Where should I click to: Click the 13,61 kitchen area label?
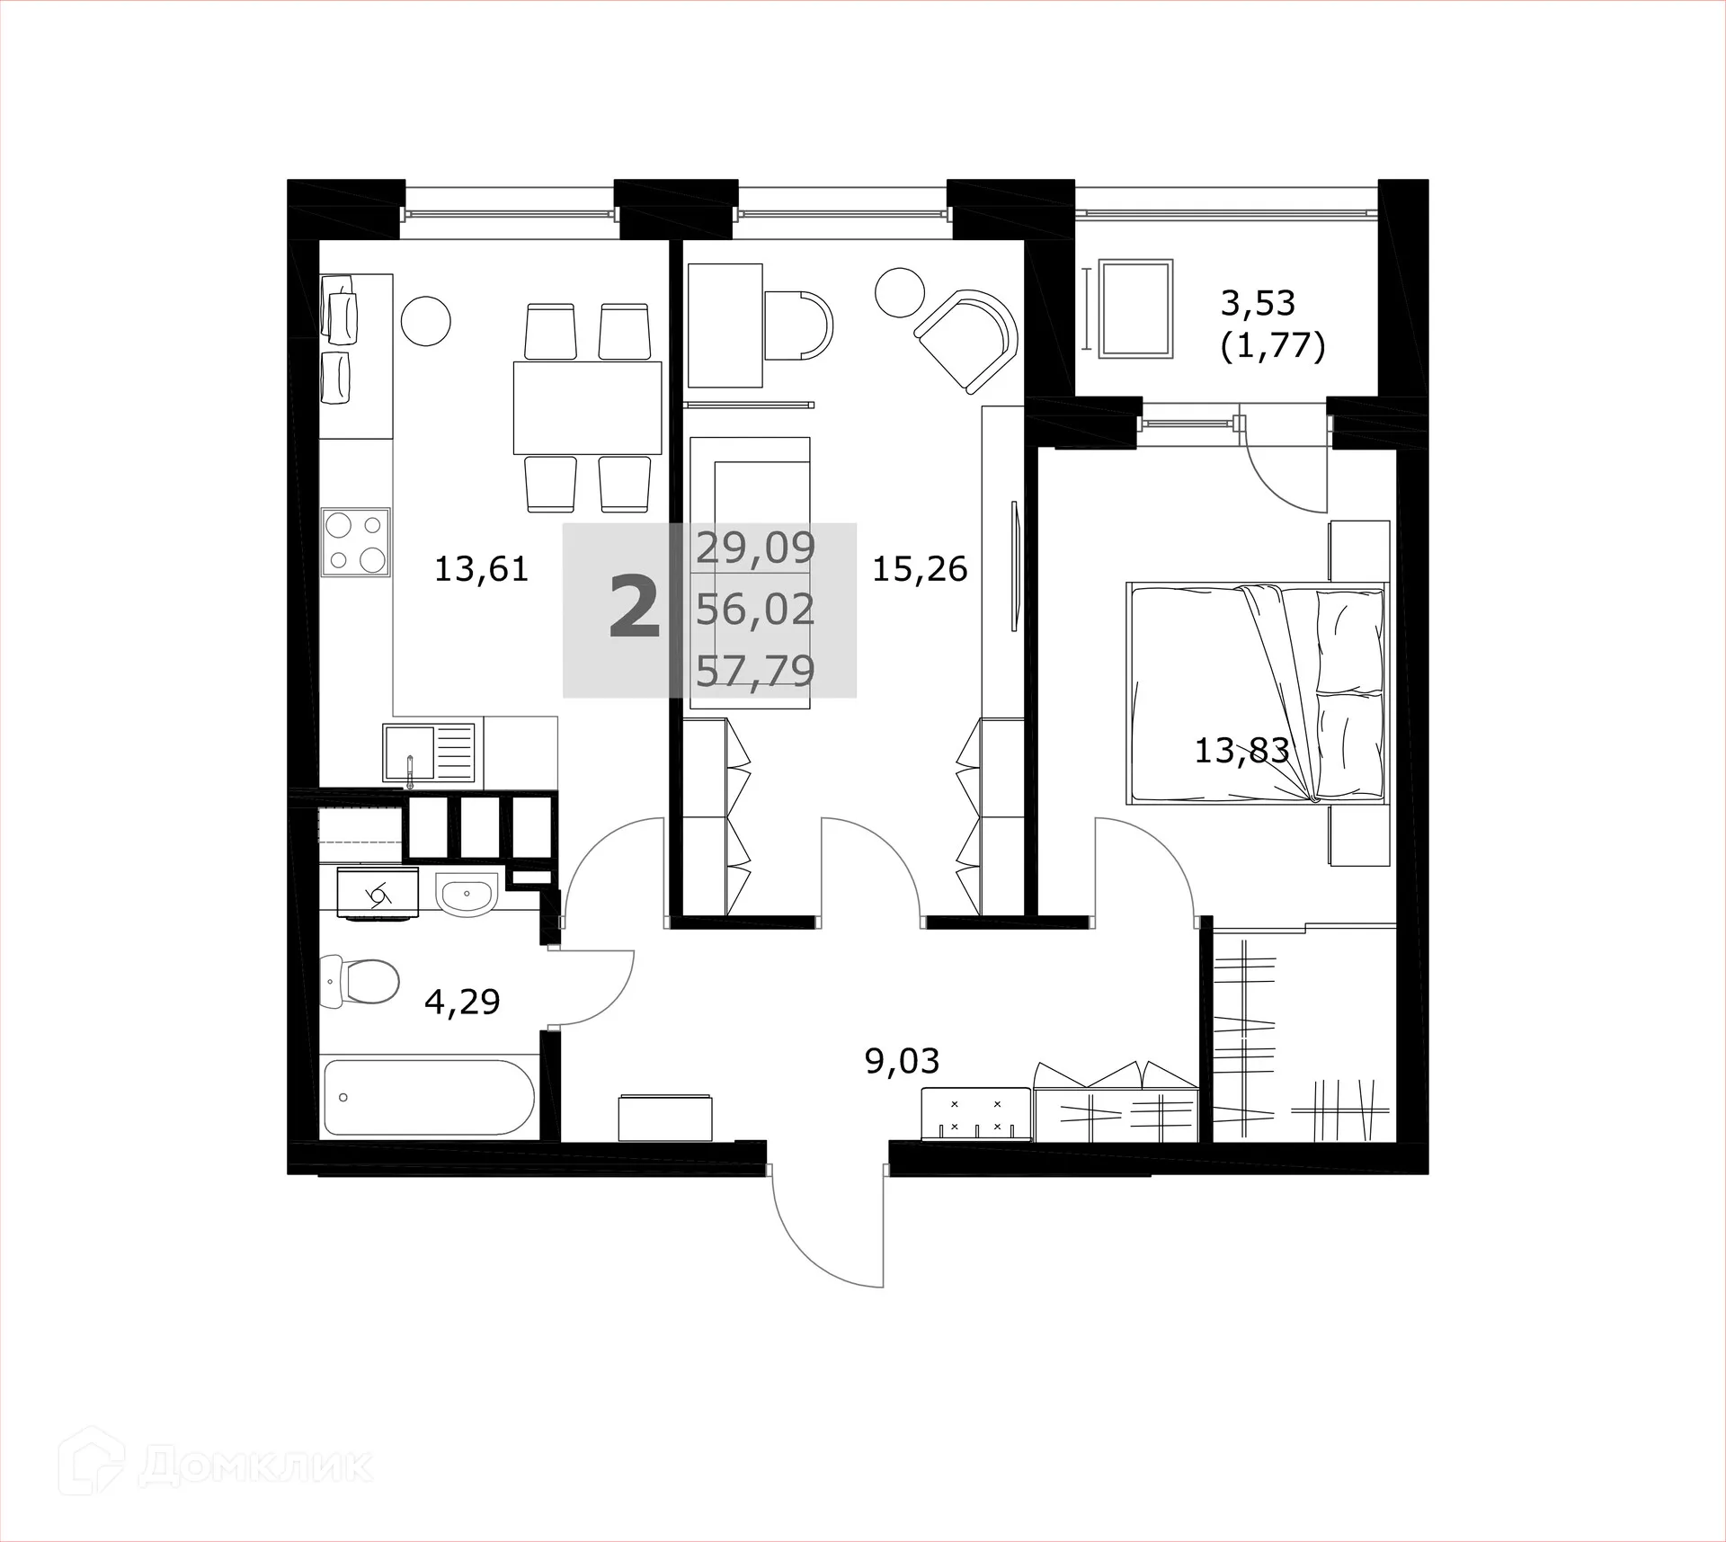[x=481, y=569]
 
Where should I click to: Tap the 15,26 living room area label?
[x=920, y=569]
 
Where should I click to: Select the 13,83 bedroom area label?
[x=1241, y=750]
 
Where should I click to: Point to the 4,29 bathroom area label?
[x=462, y=1001]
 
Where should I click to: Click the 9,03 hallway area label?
[x=902, y=1061]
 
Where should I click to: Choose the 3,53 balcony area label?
[x=1258, y=303]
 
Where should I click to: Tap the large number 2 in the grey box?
[x=635, y=609]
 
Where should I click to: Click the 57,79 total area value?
[x=755, y=671]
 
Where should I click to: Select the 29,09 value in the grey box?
[x=755, y=548]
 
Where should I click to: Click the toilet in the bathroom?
[x=361, y=981]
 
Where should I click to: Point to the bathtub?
[x=429, y=1097]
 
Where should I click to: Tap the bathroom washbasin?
[x=466, y=894]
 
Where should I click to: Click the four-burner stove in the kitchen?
[x=356, y=541]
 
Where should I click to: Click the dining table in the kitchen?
[x=587, y=407]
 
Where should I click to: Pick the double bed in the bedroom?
[x=1257, y=692]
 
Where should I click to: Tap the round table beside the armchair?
[x=900, y=292]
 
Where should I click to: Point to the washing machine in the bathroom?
[x=378, y=893]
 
